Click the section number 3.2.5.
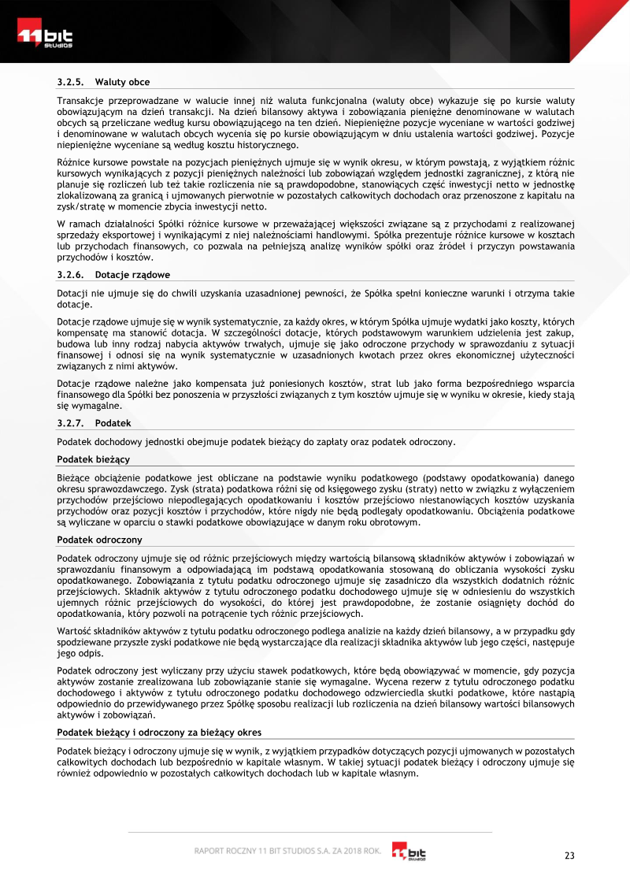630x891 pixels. click(70, 82)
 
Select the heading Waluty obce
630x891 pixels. click(122, 82)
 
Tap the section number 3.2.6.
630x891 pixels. click(70, 275)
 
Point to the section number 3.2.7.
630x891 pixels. click(70, 423)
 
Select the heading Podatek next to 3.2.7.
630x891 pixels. click(113, 423)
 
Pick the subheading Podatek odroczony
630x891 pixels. click(99, 540)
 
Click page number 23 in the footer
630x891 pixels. click(570, 856)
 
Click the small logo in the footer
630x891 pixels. click(409, 852)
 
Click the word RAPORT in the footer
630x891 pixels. click(212, 852)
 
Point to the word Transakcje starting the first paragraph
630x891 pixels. click(80, 102)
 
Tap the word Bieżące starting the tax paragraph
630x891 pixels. click(73, 477)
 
